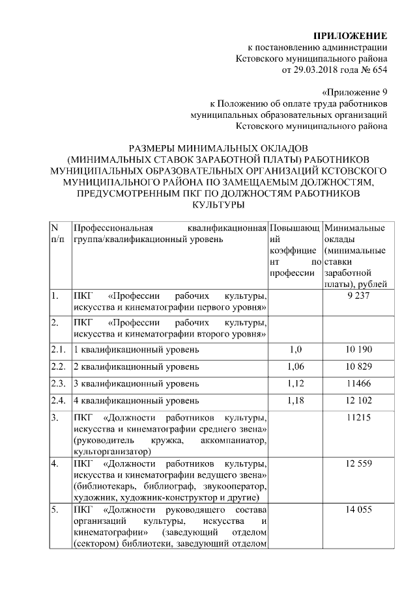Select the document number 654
[379, 70]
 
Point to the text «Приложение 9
[355, 92]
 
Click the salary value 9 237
[354, 296]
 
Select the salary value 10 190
[354, 349]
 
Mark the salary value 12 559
[354, 464]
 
